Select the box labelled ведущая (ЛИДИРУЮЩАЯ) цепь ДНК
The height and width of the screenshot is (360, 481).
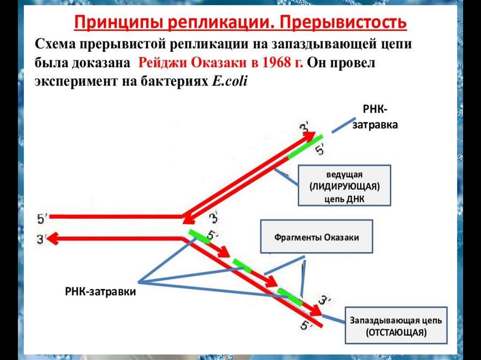344,185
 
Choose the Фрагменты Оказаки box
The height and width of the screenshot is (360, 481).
317,237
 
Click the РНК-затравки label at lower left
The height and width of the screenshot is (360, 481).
100,291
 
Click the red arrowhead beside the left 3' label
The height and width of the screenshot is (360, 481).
53,239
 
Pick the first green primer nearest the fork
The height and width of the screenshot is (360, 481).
199,236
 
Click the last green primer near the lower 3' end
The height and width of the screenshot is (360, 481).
289,296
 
